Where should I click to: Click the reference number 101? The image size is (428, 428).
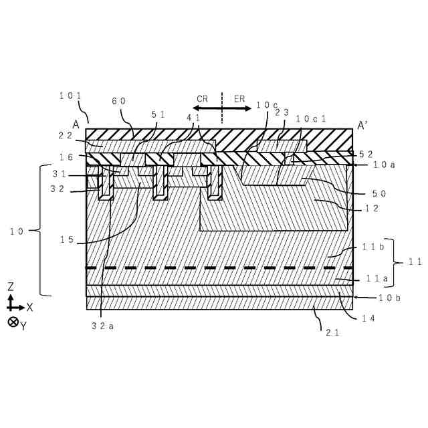click(70, 96)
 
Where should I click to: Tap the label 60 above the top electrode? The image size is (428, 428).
click(118, 101)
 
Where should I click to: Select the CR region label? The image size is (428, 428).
click(202, 98)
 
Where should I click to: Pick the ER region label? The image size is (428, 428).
click(239, 98)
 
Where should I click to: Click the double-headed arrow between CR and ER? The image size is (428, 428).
click(221, 108)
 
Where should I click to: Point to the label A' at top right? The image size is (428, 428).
click(364, 125)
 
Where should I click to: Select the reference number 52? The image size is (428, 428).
click(366, 153)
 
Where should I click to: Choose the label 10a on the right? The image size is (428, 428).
click(384, 165)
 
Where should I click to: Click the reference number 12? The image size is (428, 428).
click(372, 209)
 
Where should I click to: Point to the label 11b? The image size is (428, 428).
click(372, 247)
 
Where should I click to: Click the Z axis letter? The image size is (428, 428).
click(11, 286)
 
